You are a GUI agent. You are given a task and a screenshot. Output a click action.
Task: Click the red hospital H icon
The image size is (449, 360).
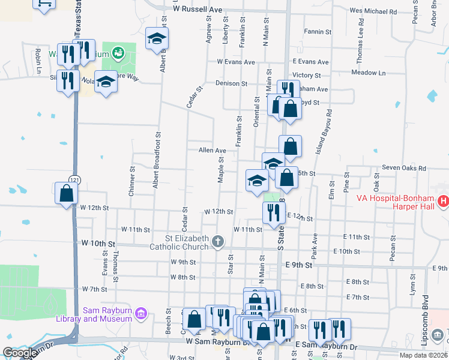[444, 202]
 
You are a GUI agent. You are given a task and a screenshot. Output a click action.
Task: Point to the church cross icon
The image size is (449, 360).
[218, 241]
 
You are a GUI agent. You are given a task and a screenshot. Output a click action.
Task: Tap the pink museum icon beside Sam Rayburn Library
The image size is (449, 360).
[141, 313]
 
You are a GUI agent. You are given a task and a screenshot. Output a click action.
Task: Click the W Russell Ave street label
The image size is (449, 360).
[197, 10]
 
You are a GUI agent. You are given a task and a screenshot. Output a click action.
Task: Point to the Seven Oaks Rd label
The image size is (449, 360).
[399, 169]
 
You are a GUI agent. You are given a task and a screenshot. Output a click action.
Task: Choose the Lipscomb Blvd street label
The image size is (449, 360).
[426, 318]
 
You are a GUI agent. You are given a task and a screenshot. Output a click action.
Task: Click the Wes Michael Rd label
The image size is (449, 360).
[373, 11]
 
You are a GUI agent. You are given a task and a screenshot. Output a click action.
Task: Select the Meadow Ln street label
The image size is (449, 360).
[368, 73]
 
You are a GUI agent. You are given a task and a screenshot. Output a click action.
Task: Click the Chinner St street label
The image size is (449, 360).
[131, 181]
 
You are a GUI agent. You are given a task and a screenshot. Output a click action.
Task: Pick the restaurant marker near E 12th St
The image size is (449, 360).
[274, 212]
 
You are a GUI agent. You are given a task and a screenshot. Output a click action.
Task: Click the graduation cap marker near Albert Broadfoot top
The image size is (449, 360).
[157, 39]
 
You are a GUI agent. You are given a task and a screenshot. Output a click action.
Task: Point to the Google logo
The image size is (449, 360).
[19, 353]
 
